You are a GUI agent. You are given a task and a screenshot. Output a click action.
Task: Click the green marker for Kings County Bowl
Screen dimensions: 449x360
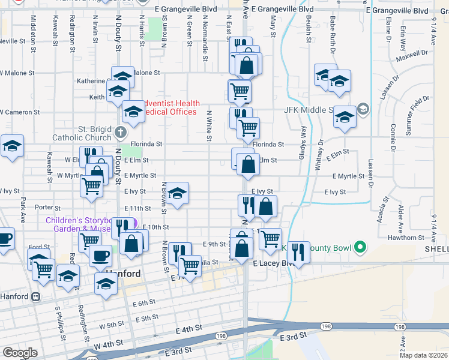tap(360, 247)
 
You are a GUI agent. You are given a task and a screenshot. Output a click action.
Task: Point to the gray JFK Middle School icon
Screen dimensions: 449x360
tap(363, 109)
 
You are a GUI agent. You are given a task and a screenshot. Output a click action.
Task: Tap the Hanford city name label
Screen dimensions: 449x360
tap(123, 274)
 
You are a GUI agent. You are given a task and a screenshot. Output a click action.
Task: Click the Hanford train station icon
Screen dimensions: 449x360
tap(36, 296)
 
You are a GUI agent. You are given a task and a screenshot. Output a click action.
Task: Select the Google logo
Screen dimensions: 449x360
tap(20, 353)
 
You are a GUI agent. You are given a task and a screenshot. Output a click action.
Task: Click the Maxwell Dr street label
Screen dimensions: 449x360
tap(412, 56)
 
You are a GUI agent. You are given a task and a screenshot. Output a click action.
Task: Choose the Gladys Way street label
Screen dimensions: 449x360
tap(303, 140)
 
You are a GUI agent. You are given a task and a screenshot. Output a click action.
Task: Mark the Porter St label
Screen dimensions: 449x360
tap(44, 208)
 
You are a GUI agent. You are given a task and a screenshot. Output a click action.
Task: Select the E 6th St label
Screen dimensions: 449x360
tap(144, 304)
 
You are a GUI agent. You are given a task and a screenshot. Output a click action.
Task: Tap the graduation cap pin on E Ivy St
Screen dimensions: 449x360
tap(177, 194)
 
